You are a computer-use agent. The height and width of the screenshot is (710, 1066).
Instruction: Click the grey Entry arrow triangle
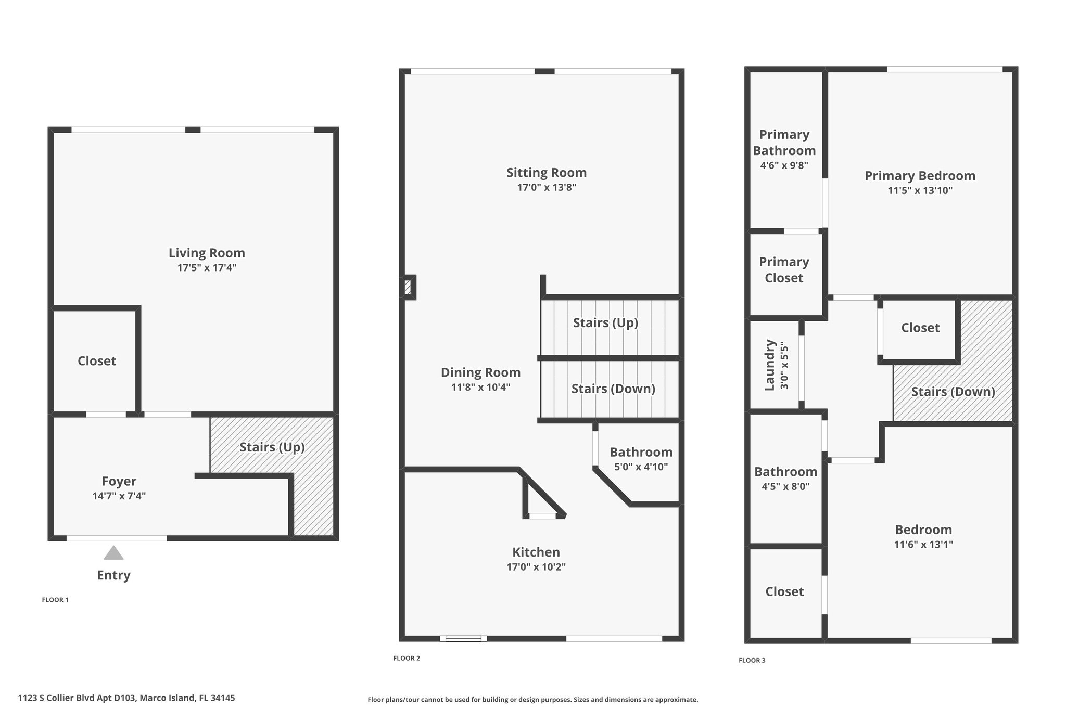113,553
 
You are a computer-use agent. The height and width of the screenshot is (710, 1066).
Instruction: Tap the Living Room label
207,253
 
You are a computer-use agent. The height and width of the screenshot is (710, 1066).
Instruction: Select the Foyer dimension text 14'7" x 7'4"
119,496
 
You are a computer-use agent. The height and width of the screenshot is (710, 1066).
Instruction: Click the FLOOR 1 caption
55,600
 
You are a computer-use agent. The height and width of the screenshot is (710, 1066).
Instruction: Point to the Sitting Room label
547,173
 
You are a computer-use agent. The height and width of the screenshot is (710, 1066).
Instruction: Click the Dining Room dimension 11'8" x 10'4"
480,387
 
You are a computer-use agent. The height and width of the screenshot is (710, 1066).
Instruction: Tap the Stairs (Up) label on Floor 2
605,323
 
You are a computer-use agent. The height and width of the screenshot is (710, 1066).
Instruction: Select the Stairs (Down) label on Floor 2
613,389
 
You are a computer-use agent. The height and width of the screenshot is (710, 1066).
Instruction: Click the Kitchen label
536,552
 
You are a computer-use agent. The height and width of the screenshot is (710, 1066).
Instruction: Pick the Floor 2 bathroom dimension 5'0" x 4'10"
641,467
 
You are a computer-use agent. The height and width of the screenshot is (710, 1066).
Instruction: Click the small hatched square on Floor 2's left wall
409,287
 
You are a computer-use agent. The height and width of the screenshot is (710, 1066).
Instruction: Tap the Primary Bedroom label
920,176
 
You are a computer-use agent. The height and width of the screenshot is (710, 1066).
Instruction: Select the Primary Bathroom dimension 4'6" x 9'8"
784,166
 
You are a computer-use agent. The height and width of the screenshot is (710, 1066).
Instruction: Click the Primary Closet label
784,270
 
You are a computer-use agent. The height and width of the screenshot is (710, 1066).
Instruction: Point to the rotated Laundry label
770,365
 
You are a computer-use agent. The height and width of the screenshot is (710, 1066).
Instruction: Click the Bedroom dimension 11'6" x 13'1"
923,545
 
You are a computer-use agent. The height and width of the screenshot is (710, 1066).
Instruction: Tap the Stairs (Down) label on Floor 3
953,392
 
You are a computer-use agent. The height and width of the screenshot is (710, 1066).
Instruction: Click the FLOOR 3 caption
752,661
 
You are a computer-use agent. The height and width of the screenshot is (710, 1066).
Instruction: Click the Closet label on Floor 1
97,361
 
